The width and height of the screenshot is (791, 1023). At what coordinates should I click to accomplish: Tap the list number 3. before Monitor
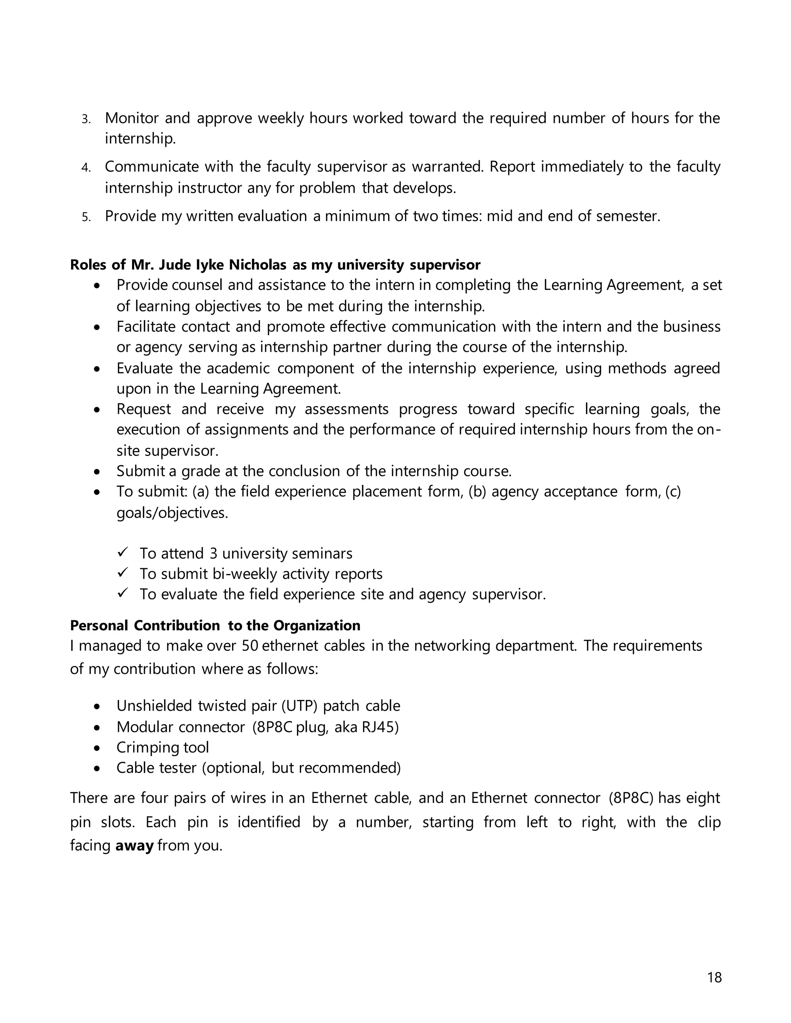(x=86, y=119)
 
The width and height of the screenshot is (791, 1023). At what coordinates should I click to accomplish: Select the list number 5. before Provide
(x=86, y=217)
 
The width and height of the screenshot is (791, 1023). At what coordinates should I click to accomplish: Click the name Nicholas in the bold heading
(x=257, y=265)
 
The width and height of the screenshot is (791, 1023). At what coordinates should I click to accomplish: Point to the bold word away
(x=134, y=845)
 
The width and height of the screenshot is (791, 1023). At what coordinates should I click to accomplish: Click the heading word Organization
(x=317, y=625)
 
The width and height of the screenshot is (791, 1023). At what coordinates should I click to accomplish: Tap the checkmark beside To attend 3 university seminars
(x=123, y=553)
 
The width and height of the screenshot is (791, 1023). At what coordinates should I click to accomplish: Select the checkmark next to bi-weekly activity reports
(x=123, y=573)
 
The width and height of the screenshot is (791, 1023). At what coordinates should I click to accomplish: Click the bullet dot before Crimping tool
(x=97, y=748)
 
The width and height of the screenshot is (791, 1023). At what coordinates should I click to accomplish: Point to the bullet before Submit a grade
(x=97, y=472)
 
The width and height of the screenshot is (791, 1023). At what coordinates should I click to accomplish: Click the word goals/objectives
(x=172, y=513)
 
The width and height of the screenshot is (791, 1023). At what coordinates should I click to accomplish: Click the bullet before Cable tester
(x=97, y=769)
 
